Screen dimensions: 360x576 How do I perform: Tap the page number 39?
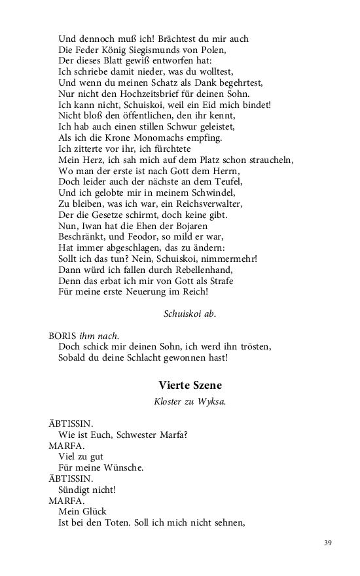(329, 543)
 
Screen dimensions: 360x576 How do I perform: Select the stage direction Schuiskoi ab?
(189, 314)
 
